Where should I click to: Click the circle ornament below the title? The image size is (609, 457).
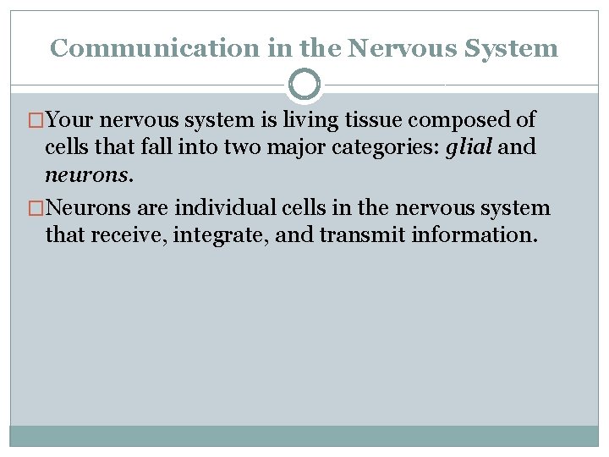tap(304, 85)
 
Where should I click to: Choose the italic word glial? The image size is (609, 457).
tap(469, 147)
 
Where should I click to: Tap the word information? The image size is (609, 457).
tap(474, 234)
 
